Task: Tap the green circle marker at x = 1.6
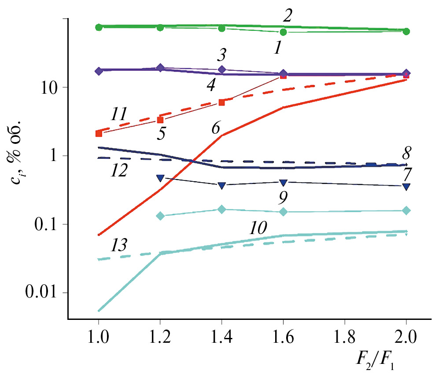(284, 32)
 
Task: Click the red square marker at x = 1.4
(222, 102)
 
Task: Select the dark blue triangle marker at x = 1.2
(160, 178)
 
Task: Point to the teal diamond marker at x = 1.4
(222, 209)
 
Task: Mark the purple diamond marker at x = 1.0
(99, 71)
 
